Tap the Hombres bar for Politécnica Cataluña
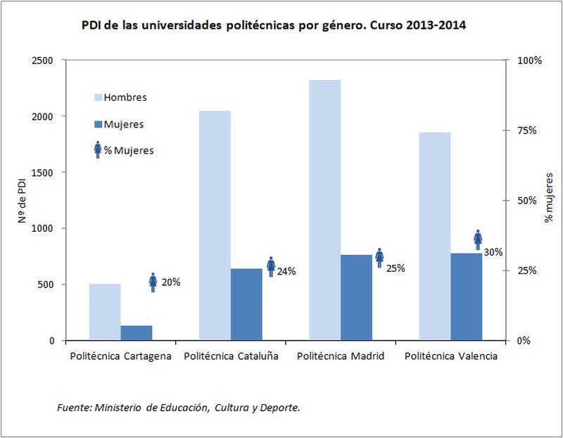pyautogui.click(x=215, y=225)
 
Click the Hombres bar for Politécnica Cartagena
pyautogui.click(x=105, y=312)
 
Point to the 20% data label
pyautogui.click(x=172, y=282)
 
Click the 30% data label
pyautogui.click(x=493, y=252)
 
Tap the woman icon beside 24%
pyautogui.click(x=271, y=266)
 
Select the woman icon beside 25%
pyautogui.click(x=379, y=258)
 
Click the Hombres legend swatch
pyautogui.click(x=98, y=97)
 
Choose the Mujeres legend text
pyautogui.click(x=124, y=124)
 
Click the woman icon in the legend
pyautogui.click(x=98, y=149)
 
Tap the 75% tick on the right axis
pyautogui.click(x=527, y=131)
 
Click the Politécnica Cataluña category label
pyautogui.click(x=231, y=356)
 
